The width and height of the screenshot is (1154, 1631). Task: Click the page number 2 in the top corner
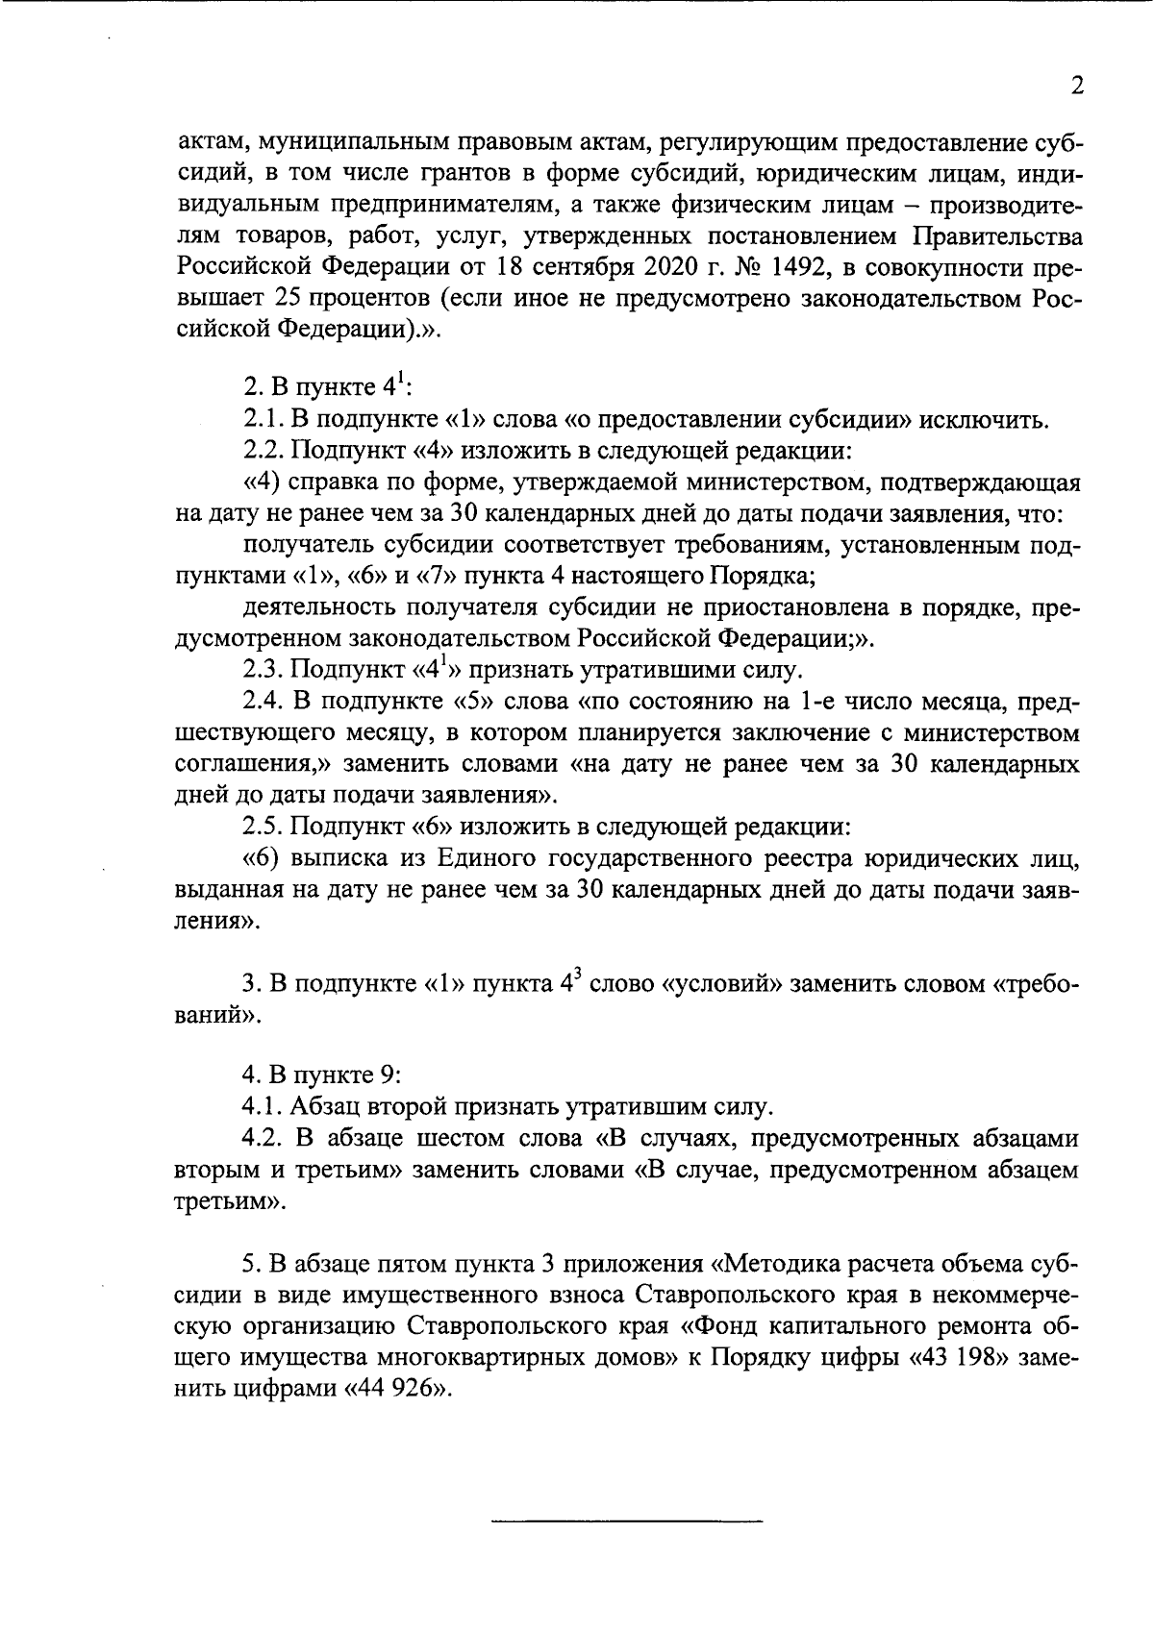[1077, 86]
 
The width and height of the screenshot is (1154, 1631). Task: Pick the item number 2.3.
[263, 669]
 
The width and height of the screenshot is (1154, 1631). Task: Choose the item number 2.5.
[263, 826]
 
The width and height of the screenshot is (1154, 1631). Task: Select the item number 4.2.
[263, 1139]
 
